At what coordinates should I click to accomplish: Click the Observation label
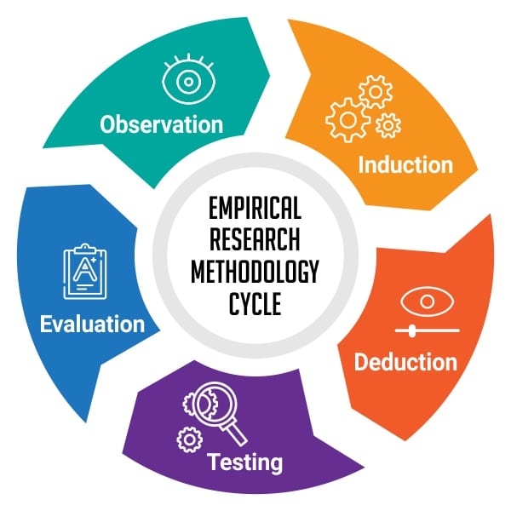(x=161, y=124)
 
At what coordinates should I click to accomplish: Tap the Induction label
(x=405, y=164)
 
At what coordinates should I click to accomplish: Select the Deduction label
(x=405, y=362)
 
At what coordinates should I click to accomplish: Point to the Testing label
(x=245, y=463)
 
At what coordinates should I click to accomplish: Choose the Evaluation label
(x=92, y=324)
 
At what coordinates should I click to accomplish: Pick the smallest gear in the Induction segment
(x=388, y=125)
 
